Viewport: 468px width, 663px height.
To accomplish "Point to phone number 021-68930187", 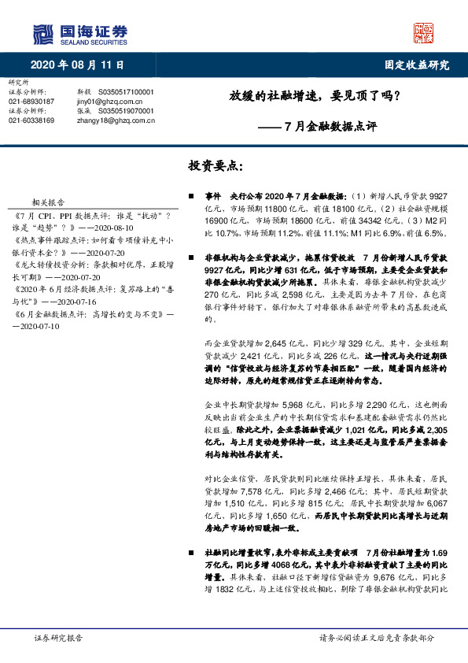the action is point(31,102).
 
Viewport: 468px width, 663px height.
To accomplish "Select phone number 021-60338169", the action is point(31,120).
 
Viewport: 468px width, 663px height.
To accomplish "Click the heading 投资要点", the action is point(216,165).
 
